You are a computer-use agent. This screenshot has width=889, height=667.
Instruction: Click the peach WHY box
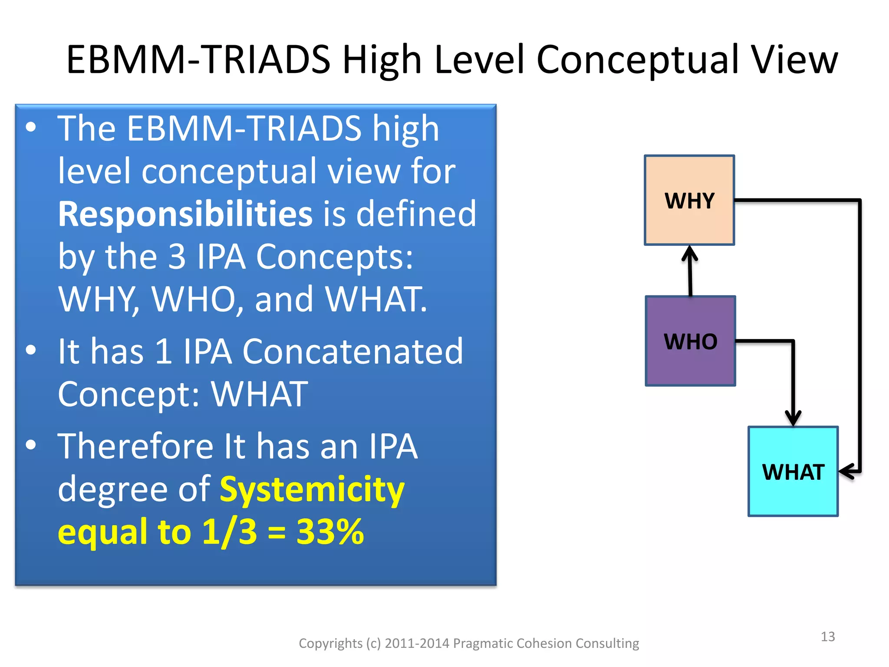(689, 200)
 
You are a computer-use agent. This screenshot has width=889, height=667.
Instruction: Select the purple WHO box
(690, 341)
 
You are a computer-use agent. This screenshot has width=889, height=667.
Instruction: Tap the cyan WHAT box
(793, 472)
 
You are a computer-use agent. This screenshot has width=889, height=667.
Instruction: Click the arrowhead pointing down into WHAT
(793, 418)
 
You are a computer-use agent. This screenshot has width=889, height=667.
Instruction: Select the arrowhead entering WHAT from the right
(847, 471)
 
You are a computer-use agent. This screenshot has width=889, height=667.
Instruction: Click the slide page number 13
(828, 637)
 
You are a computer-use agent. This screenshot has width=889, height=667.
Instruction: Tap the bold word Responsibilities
(185, 214)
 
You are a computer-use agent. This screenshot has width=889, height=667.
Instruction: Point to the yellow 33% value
(330, 532)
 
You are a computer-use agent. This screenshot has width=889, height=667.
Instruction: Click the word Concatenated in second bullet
(352, 351)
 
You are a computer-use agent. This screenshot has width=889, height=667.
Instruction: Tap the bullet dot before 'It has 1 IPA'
(31, 350)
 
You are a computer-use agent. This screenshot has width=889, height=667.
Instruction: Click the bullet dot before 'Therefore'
(31, 445)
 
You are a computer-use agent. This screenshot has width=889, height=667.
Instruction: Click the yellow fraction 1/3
(230, 532)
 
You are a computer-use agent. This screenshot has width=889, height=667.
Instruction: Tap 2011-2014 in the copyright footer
(417, 643)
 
